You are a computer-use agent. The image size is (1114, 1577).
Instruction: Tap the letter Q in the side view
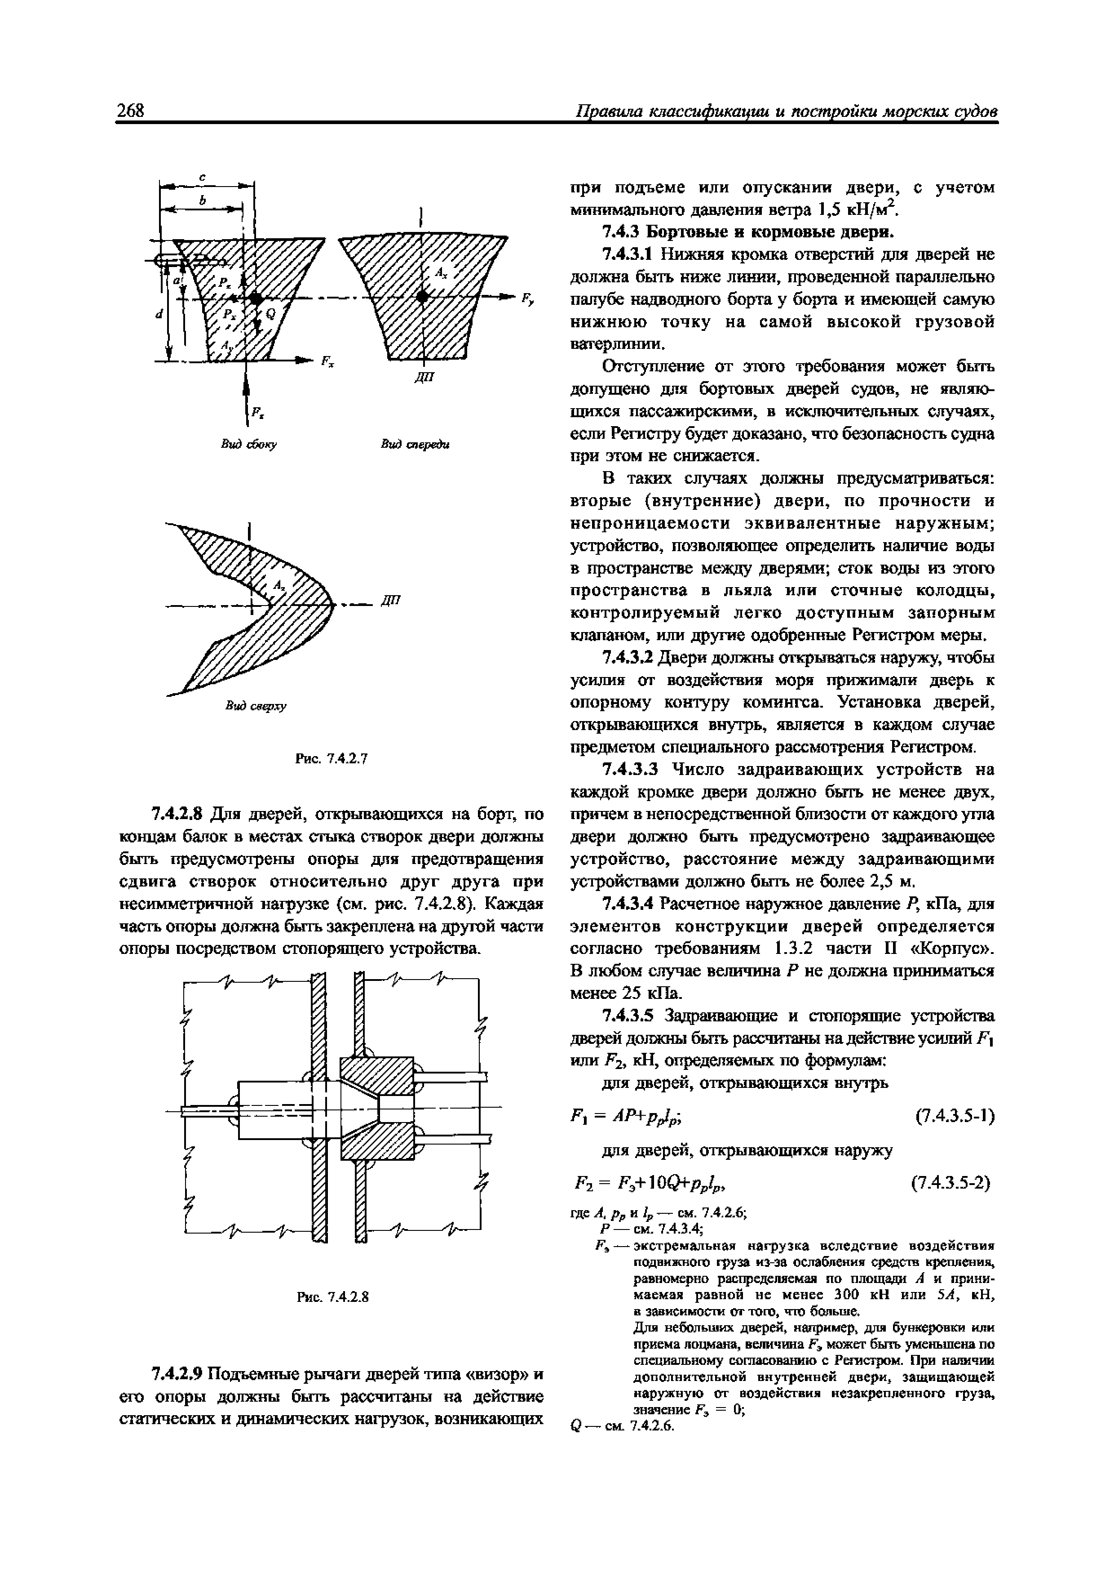tap(270, 313)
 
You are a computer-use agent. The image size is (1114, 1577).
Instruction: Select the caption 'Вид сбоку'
tap(248, 445)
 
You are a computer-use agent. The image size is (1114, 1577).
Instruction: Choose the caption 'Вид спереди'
tap(415, 445)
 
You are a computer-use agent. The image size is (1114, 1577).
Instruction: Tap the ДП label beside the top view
tap(390, 600)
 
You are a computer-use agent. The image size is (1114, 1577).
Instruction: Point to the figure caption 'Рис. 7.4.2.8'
tap(332, 1297)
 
